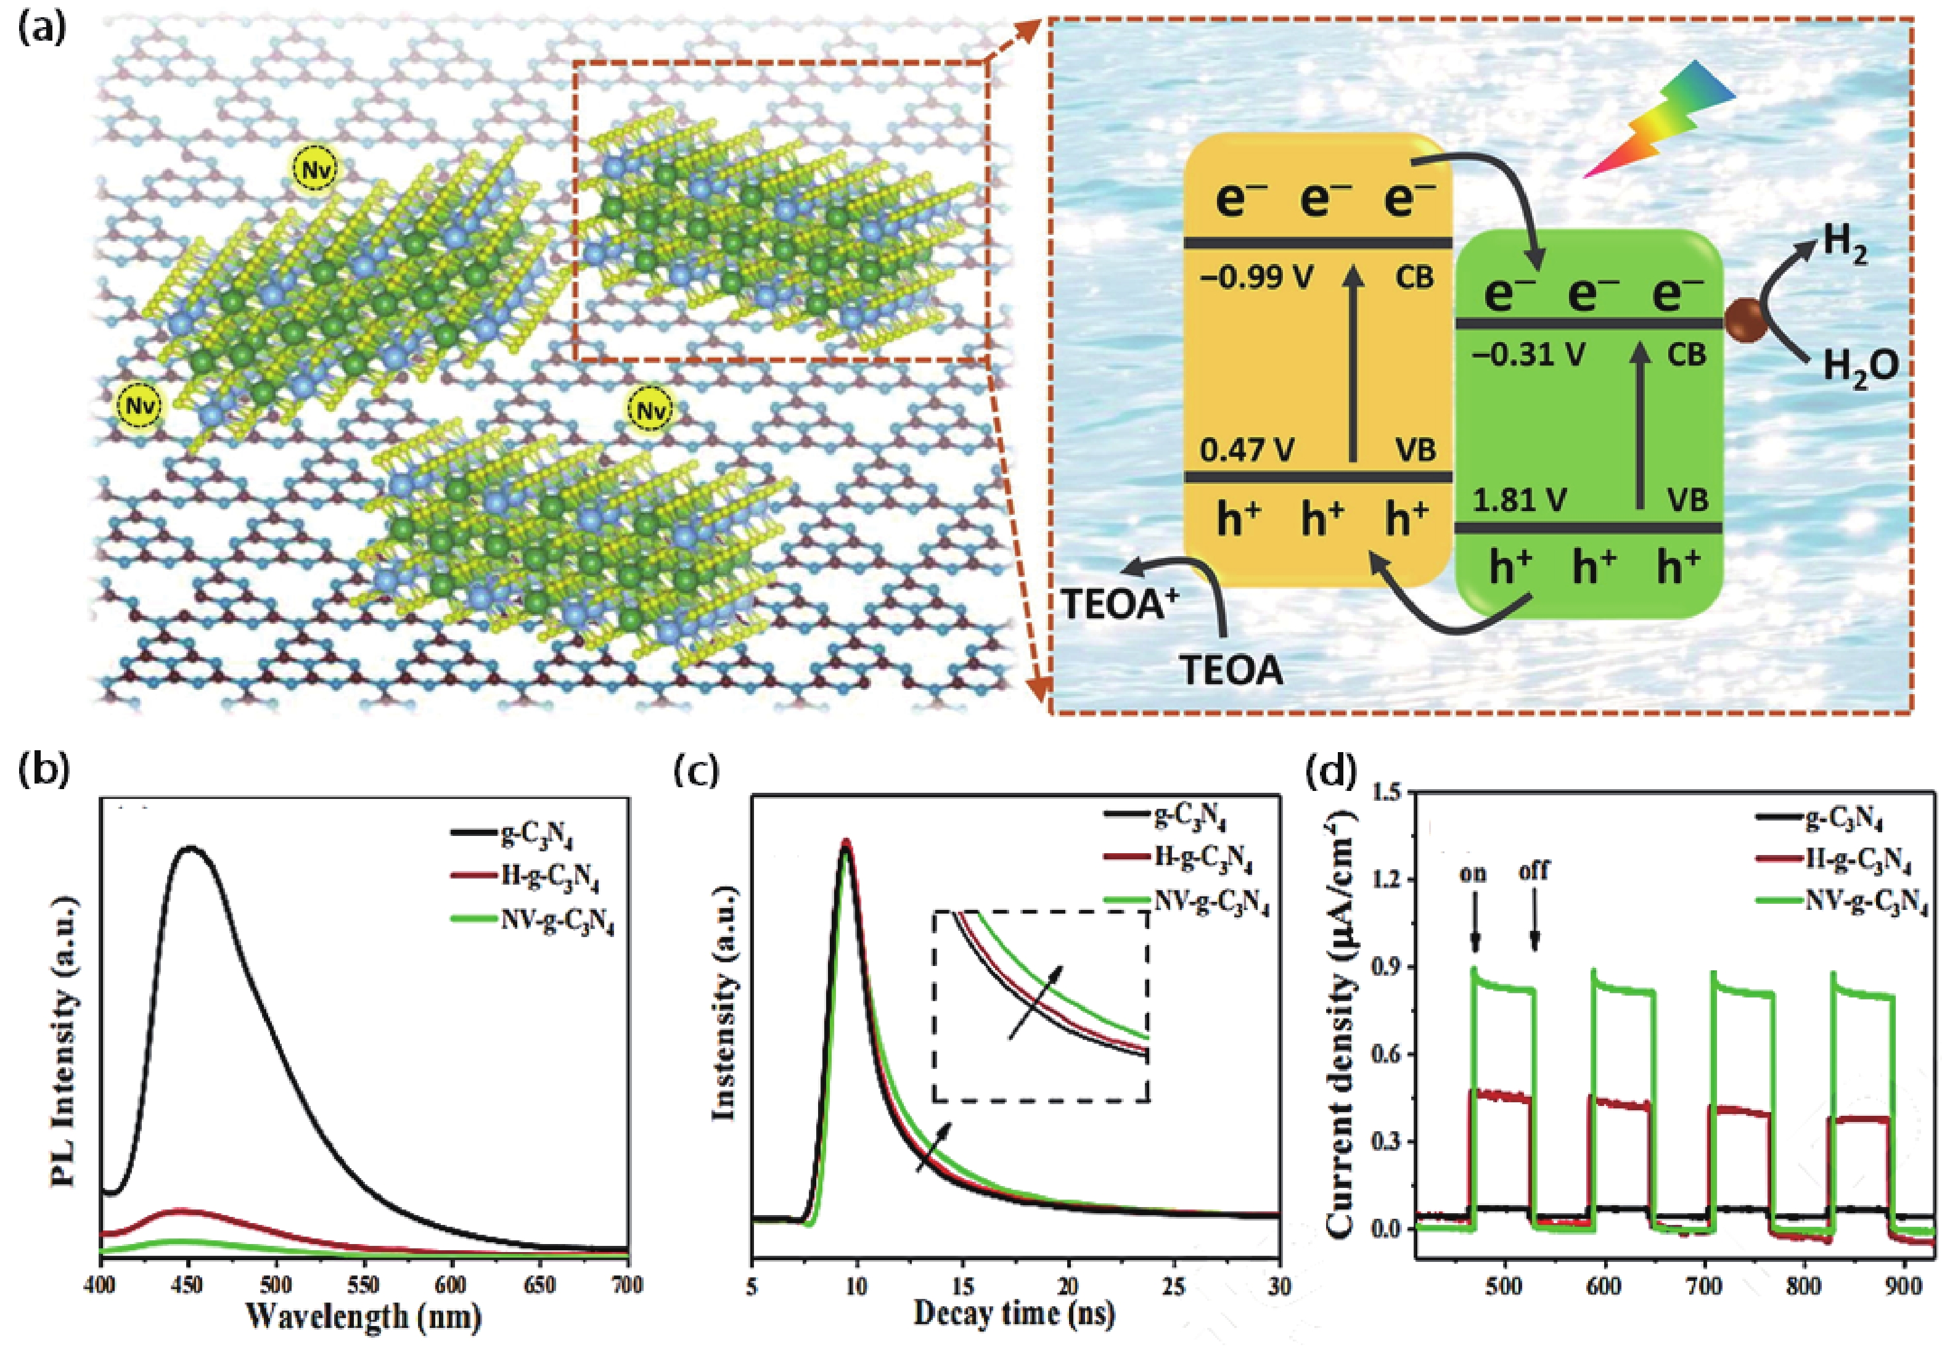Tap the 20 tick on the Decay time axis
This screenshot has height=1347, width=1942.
pos(1068,1285)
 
